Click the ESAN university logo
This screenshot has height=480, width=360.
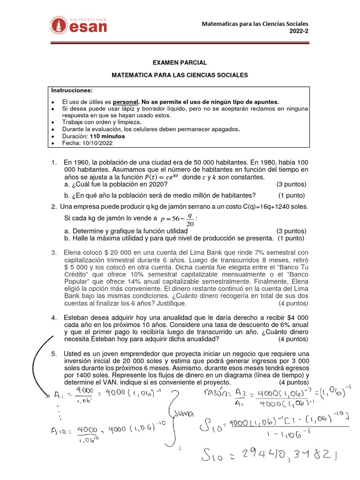[79, 25]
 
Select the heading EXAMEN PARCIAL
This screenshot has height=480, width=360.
[180, 62]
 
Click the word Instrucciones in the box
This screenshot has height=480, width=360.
[72, 90]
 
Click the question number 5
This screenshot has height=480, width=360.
[54, 353]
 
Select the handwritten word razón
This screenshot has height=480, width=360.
[217, 393]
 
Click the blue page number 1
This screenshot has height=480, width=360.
[180, 449]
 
